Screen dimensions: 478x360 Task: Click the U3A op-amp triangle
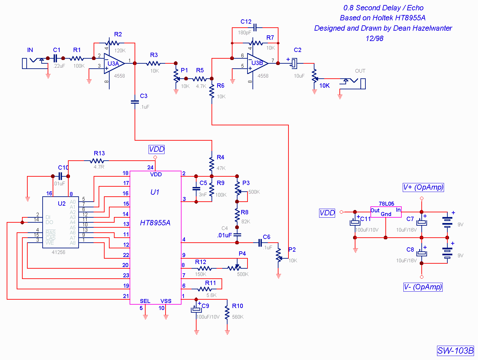click(114, 63)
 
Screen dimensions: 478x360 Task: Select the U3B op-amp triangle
click(257, 63)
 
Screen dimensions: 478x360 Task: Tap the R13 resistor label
click(99, 153)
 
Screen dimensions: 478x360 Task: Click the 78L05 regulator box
click(386, 212)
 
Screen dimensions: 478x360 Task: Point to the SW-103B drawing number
click(455, 351)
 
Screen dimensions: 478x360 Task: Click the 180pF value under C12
click(244, 33)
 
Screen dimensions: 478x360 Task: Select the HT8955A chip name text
click(155, 223)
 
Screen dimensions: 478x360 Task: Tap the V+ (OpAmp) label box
click(423, 187)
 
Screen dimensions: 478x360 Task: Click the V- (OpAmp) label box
click(423, 287)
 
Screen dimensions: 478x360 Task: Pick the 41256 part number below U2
click(58, 252)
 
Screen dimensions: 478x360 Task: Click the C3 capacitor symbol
click(135, 102)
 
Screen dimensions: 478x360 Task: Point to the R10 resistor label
click(238, 306)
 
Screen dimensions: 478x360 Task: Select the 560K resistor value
click(238, 317)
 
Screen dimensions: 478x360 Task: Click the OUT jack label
click(360, 71)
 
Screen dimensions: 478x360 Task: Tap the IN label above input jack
click(30, 50)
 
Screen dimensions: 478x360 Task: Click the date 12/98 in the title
click(374, 38)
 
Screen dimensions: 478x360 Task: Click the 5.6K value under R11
click(212, 295)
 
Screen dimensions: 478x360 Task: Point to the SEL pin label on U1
click(145, 301)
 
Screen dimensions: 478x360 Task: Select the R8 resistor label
click(244, 212)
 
